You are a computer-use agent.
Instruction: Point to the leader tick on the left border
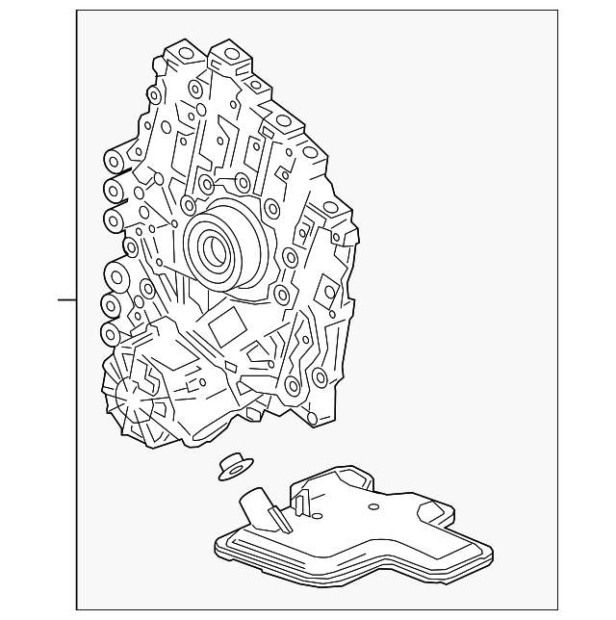tap(67, 300)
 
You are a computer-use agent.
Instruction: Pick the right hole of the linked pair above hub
tap(244, 183)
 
